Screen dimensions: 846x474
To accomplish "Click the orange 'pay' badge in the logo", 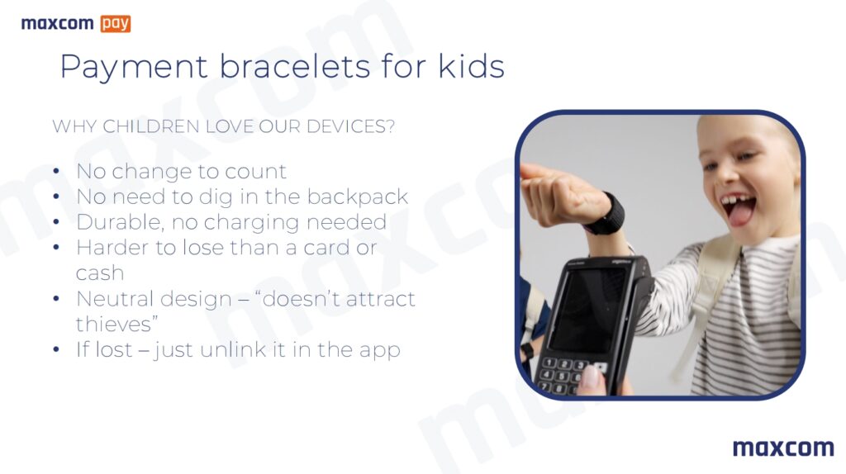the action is (x=116, y=24).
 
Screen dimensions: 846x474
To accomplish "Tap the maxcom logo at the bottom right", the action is (x=783, y=448).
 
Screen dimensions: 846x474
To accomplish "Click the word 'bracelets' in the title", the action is (x=295, y=67).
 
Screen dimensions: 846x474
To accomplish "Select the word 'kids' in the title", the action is (x=471, y=67).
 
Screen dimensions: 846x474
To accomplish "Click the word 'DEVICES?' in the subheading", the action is (x=350, y=126).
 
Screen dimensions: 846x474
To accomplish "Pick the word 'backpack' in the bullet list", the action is (x=358, y=197).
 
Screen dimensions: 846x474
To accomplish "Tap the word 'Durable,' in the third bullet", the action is (x=121, y=222).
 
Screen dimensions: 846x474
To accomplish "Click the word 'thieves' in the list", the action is (x=114, y=324).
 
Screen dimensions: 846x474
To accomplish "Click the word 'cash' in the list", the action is (x=100, y=273).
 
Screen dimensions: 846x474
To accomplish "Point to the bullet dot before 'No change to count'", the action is (x=57, y=172).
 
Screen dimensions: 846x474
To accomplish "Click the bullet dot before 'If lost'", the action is (x=57, y=349).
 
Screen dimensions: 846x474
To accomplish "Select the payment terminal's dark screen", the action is (x=587, y=309).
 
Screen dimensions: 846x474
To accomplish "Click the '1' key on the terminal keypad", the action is (x=549, y=363).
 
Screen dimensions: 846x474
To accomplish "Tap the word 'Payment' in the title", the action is (x=134, y=68).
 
